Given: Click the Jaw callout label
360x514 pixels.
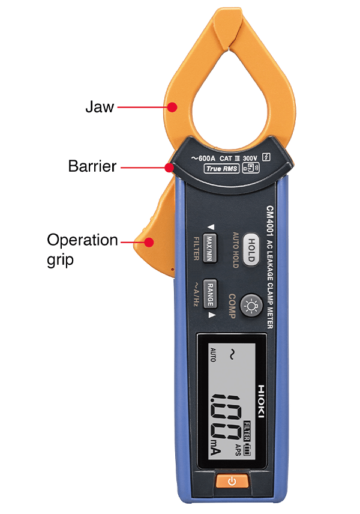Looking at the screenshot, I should pyautogui.click(x=100, y=108).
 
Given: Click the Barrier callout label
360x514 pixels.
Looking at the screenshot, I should pyautogui.click(x=92, y=166).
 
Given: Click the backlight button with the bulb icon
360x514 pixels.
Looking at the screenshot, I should pyautogui.click(x=250, y=307).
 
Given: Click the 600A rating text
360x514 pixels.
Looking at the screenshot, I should pyautogui.click(x=203, y=157).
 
